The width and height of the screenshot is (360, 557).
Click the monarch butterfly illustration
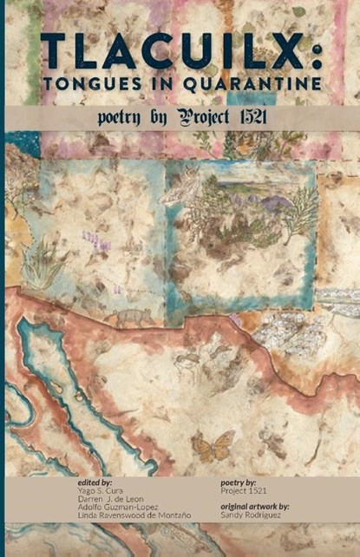tap(213, 447)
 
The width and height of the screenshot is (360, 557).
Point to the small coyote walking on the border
tap(132, 317)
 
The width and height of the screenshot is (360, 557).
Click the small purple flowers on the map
tap(94, 236)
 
